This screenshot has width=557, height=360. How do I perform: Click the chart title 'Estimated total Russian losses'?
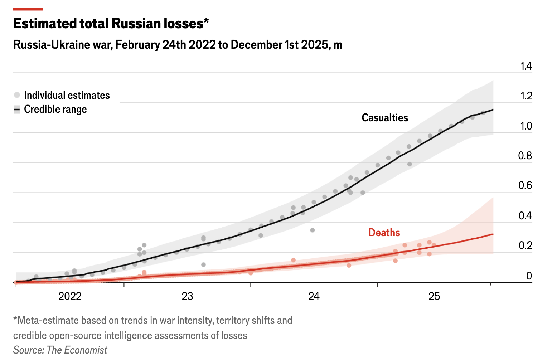[x=111, y=24]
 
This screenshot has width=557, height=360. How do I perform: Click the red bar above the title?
[x=28, y=9]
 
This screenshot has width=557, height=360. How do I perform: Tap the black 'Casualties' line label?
[x=385, y=118]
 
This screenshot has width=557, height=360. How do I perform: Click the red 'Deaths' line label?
[x=384, y=233]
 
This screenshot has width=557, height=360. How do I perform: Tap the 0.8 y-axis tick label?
[x=525, y=156]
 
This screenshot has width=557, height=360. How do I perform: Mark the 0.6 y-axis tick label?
[x=525, y=185]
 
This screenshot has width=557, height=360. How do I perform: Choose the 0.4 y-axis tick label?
[x=525, y=215]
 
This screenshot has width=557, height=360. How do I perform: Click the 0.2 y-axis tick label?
[x=525, y=245]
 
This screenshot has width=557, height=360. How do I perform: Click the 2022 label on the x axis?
[x=70, y=296]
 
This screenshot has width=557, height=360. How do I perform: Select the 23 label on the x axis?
[x=187, y=296]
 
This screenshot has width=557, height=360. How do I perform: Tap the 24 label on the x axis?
[x=314, y=296]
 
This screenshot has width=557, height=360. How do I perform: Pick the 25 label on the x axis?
[x=434, y=296]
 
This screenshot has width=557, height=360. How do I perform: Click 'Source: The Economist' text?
[x=60, y=350]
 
